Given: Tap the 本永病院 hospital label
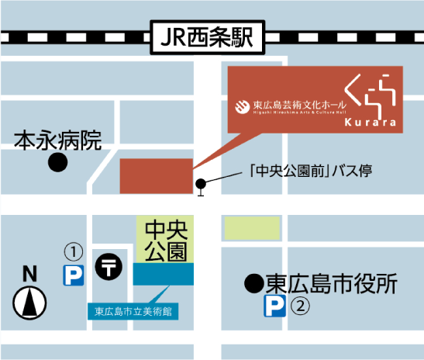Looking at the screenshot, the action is click(x=58, y=140).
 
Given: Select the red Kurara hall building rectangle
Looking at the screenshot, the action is click(x=156, y=175).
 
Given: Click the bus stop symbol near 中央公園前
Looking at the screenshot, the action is click(x=202, y=185).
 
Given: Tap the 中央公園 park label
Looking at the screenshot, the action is click(x=164, y=240).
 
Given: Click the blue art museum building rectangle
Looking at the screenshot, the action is click(x=164, y=273).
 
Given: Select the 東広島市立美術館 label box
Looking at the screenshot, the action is click(x=133, y=313).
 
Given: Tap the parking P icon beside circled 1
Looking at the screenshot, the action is click(x=73, y=275).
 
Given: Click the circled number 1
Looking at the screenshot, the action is click(x=73, y=251).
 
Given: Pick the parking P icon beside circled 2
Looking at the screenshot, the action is click(x=274, y=306).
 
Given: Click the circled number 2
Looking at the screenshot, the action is click(x=300, y=306).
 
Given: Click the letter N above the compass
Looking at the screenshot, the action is click(x=29, y=273).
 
